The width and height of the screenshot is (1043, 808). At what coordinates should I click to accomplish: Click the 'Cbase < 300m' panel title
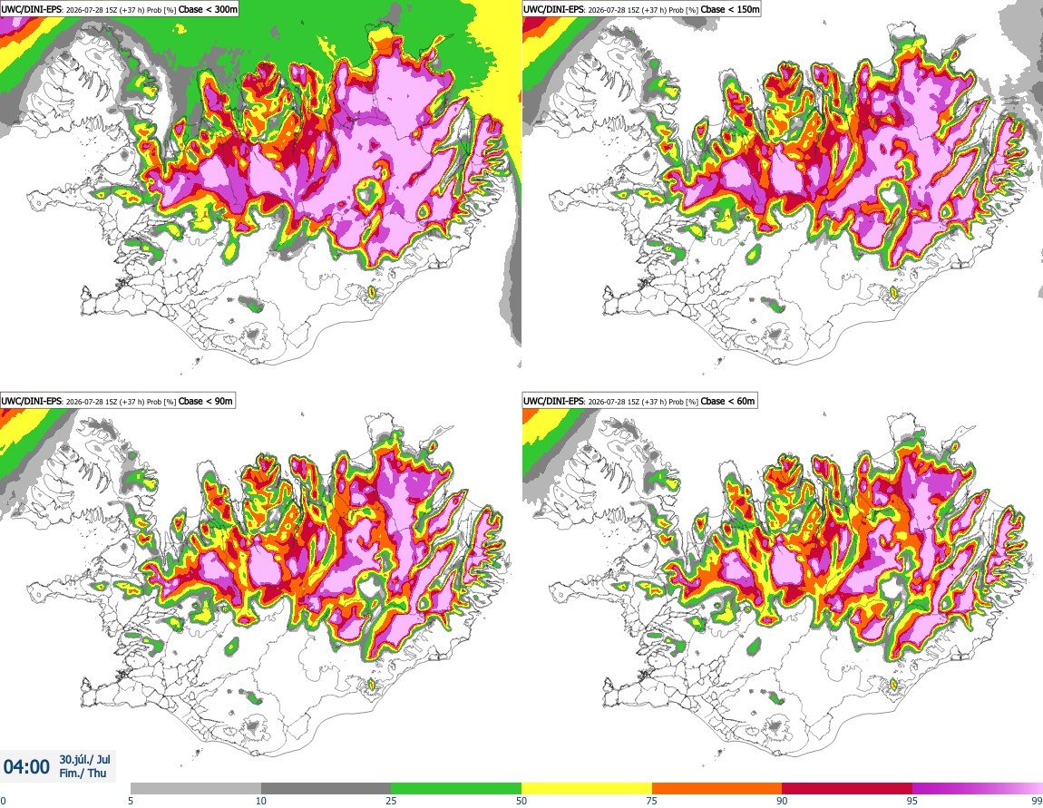[x=209, y=9]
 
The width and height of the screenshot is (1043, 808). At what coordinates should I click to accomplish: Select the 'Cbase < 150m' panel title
[x=730, y=9]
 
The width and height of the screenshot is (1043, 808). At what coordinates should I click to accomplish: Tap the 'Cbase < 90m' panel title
[x=206, y=401]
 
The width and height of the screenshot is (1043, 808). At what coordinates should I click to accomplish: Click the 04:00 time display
[x=26, y=767]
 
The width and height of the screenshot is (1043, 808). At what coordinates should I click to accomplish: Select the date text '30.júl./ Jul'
[x=84, y=759]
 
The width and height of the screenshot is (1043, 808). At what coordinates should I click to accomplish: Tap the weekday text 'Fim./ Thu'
[x=83, y=773]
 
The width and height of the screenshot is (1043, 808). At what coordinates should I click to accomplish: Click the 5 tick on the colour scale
[x=131, y=801]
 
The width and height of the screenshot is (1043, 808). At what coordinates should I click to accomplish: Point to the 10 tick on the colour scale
[x=261, y=801]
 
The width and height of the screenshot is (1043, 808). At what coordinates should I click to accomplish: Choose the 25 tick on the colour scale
[x=391, y=801]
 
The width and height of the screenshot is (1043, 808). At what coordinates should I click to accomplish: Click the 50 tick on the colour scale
[x=521, y=801]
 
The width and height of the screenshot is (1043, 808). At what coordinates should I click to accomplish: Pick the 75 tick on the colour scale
[x=652, y=801]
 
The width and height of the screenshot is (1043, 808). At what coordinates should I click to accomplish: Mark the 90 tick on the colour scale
[x=782, y=801]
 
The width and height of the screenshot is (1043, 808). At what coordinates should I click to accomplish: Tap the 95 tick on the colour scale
[x=912, y=801]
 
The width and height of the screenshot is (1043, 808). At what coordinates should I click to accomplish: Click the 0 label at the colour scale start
[x=3, y=801]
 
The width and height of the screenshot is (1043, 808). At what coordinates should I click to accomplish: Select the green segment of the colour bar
[x=456, y=789]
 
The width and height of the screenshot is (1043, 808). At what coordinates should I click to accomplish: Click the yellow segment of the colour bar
[x=587, y=789]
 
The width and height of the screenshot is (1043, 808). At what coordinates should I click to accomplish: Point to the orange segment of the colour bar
[x=717, y=789]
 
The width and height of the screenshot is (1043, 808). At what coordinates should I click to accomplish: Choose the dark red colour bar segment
[x=847, y=789]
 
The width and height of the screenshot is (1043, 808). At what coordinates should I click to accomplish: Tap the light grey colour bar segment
[x=196, y=789]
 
